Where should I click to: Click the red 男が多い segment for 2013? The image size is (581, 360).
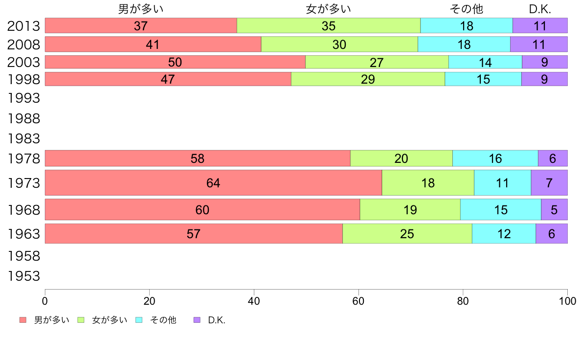coord(141,25)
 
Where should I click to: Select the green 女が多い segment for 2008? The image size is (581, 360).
coord(339,44)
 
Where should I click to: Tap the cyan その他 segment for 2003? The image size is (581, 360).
coord(485,62)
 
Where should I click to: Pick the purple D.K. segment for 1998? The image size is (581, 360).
coord(544,79)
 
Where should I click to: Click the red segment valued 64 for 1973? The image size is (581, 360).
coord(213,183)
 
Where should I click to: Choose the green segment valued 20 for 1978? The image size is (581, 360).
coord(402,158)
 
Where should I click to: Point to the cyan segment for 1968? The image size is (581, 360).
coord(501,210)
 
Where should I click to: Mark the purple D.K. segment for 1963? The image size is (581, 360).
coord(552,234)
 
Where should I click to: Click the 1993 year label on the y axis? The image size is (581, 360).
coord(23,98)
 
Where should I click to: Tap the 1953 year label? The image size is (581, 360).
coord(23,276)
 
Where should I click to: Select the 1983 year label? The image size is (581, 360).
coord(23,139)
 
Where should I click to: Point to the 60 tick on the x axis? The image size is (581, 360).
coord(358,301)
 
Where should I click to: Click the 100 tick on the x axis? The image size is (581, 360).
coord(567,301)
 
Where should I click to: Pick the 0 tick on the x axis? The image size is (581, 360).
coord(45,301)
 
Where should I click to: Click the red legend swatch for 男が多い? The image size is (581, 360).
coord(22,320)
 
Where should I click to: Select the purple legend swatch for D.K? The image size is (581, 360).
coord(197,320)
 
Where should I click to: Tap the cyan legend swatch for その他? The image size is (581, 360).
coord(139,320)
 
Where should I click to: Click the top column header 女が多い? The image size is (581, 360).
coord(329,9)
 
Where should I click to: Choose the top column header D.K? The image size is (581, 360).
coord(540,9)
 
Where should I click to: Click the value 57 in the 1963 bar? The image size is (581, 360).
coord(194,234)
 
